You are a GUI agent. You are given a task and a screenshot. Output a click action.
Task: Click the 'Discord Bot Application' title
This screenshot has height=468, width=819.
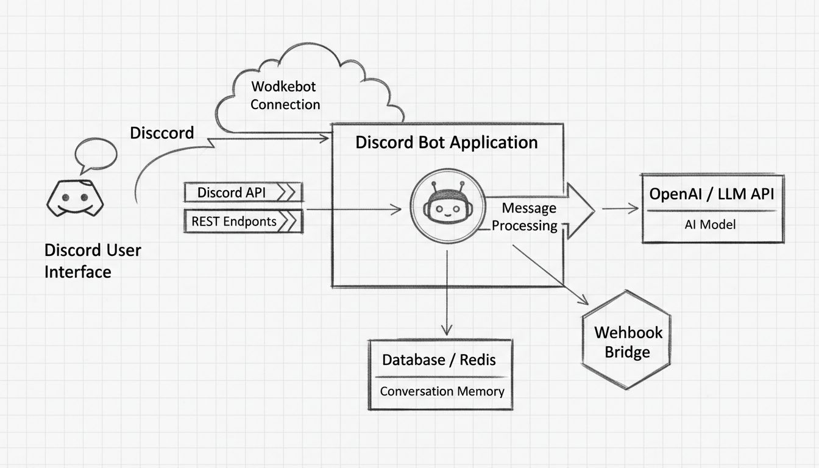tap(446, 143)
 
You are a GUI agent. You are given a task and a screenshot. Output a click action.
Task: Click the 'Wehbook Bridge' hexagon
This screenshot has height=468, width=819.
tap(627, 342)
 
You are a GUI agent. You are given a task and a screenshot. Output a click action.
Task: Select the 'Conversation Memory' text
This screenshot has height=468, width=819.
tap(442, 391)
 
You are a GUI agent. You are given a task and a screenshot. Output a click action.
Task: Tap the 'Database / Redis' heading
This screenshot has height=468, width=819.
tap(439, 360)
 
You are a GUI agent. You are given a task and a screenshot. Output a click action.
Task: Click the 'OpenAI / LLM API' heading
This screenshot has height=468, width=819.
tap(711, 194)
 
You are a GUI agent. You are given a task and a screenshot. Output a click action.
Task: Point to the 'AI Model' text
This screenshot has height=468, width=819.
tap(710, 224)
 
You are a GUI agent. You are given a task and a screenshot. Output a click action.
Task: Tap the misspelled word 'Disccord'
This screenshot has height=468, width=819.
tap(161, 133)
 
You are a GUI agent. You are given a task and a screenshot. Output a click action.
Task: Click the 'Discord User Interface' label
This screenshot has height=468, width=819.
tap(92, 261)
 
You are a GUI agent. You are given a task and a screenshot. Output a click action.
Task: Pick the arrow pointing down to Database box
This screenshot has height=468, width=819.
tap(447, 292)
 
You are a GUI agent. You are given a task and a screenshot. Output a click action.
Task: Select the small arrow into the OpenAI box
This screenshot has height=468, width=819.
tap(620, 209)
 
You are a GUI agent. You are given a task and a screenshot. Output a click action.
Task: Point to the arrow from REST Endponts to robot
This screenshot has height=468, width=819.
tap(353, 210)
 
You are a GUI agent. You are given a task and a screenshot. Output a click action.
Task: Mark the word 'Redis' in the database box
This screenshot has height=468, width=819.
tap(477, 360)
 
